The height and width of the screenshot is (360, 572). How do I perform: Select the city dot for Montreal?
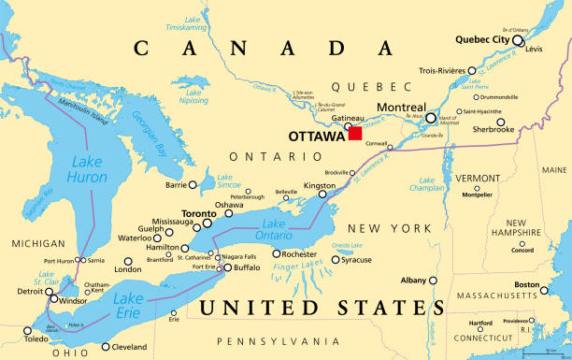431,119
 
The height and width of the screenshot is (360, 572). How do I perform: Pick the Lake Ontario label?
273,229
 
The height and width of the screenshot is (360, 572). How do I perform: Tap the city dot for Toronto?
209,223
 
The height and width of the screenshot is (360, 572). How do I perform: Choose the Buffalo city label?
247,268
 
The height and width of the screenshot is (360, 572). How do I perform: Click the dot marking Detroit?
52,291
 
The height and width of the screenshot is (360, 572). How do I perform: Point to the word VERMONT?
478,178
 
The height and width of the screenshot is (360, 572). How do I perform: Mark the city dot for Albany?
433,281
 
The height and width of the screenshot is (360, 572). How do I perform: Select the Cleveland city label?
129,347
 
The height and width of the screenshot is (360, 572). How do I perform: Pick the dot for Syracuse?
336,260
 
